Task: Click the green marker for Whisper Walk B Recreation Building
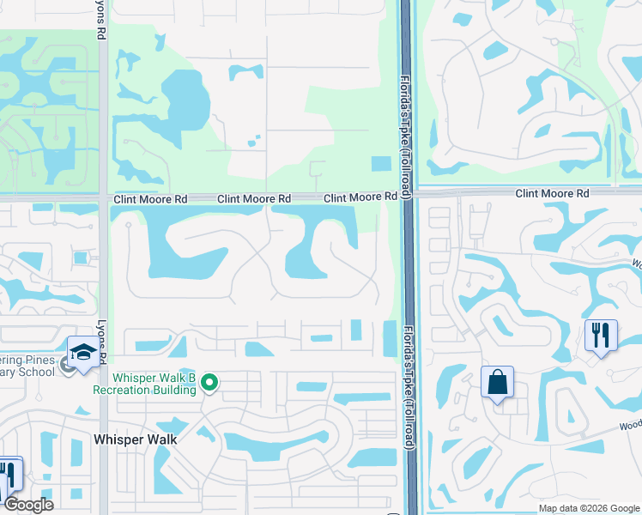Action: coord(209,385)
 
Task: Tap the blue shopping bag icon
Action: coord(498,383)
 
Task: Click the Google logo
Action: coord(28,505)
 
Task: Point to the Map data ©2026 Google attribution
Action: coord(589,508)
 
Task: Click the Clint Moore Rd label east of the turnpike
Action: coord(553,194)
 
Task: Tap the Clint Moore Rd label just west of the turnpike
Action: coord(360,198)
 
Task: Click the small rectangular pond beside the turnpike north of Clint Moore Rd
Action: coord(380,163)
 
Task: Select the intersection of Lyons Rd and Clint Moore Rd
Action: coord(103,197)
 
